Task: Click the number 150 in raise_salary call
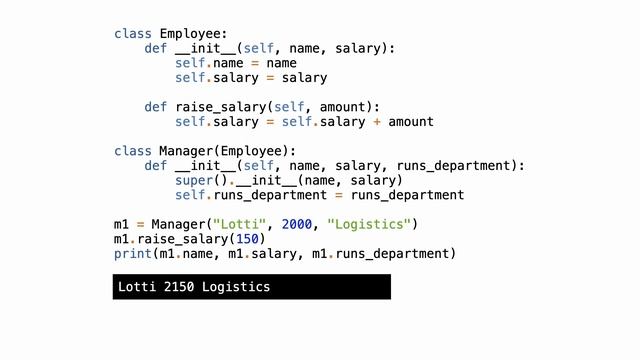pyautogui.click(x=250, y=239)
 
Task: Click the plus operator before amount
pyautogui.click(x=376, y=122)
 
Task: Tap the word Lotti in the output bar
pyautogui.click(x=136, y=288)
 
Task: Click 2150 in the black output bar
pyautogui.click(x=178, y=288)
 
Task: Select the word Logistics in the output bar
pyautogui.click(x=235, y=288)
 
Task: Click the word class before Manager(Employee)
pyautogui.click(x=132, y=151)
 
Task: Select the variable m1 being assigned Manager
pyautogui.click(x=121, y=224)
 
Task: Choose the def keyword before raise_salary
pyautogui.click(x=155, y=106)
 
